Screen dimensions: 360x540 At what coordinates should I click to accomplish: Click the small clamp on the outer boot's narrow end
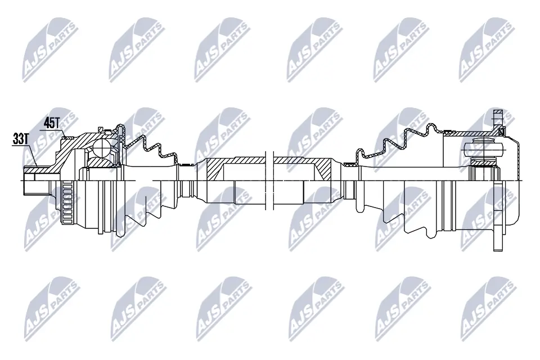183,164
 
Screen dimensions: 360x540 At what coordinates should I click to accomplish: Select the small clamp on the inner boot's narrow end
350,164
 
